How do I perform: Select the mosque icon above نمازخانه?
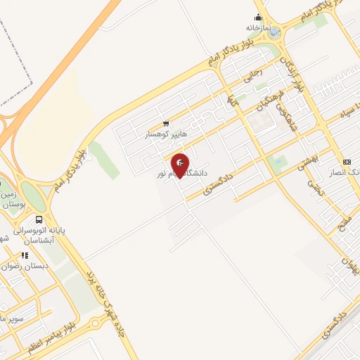point(259,17)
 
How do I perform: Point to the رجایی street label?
point(252,74)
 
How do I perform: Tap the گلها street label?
point(231,103)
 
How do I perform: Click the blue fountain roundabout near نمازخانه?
point(275,32)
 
